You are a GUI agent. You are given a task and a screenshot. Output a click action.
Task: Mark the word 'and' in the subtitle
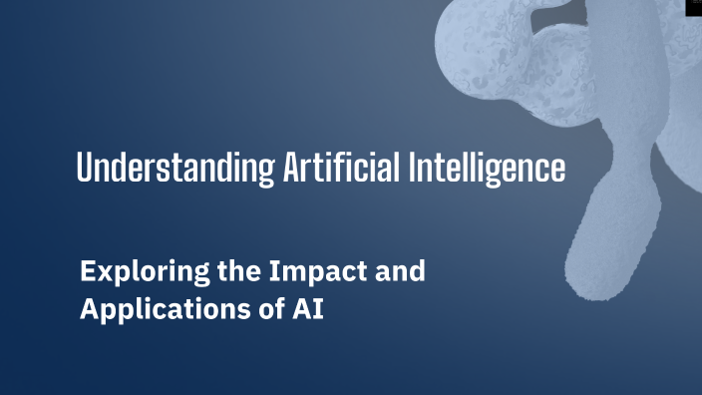pyautogui.click(x=401, y=271)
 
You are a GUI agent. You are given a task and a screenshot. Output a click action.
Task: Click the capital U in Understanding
pyautogui.click(x=85, y=168)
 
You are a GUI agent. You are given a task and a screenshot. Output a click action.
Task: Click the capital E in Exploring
pyautogui.click(x=87, y=271)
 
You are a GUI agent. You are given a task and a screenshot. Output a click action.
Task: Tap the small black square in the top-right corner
pyautogui.click(x=694, y=7)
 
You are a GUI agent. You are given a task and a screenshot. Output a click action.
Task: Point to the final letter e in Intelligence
pyautogui.click(x=557, y=170)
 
